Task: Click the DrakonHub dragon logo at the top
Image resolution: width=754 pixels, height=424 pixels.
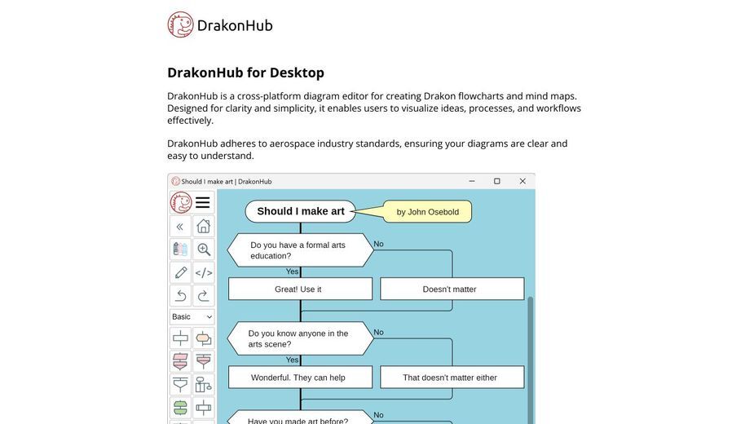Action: [x=180, y=24]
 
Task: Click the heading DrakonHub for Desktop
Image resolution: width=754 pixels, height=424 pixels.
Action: [x=245, y=73]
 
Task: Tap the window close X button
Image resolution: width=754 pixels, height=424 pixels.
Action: [x=523, y=181]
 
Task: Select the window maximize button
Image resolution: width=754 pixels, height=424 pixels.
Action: [x=497, y=181]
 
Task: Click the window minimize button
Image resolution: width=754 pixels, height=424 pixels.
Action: [x=472, y=181]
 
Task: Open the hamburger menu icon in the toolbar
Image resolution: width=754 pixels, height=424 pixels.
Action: [x=202, y=202]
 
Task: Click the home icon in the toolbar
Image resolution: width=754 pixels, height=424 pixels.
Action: [x=204, y=226]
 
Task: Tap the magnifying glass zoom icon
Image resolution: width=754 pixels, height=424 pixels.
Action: [x=204, y=250]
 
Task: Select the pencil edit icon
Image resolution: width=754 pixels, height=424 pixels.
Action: [x=181, y=272]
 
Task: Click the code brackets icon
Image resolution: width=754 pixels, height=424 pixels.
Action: [x=204, y=272]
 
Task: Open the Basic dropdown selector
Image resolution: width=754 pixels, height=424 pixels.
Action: [x=192, y=316]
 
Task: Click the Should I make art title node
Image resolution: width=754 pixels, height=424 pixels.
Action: [x=301, y=211]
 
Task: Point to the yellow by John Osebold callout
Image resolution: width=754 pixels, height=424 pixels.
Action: [x=427, y=212]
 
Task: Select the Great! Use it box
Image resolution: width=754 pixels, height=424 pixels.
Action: [x=300, y=289]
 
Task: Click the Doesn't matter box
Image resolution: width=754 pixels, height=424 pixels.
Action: [x=452, y=289]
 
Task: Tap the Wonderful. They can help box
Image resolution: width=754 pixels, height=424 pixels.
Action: [x=300, y=378]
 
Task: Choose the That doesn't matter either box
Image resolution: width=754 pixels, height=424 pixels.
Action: [x=452, y=378]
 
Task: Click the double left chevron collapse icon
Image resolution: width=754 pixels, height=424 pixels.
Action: [x=181, y=226]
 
